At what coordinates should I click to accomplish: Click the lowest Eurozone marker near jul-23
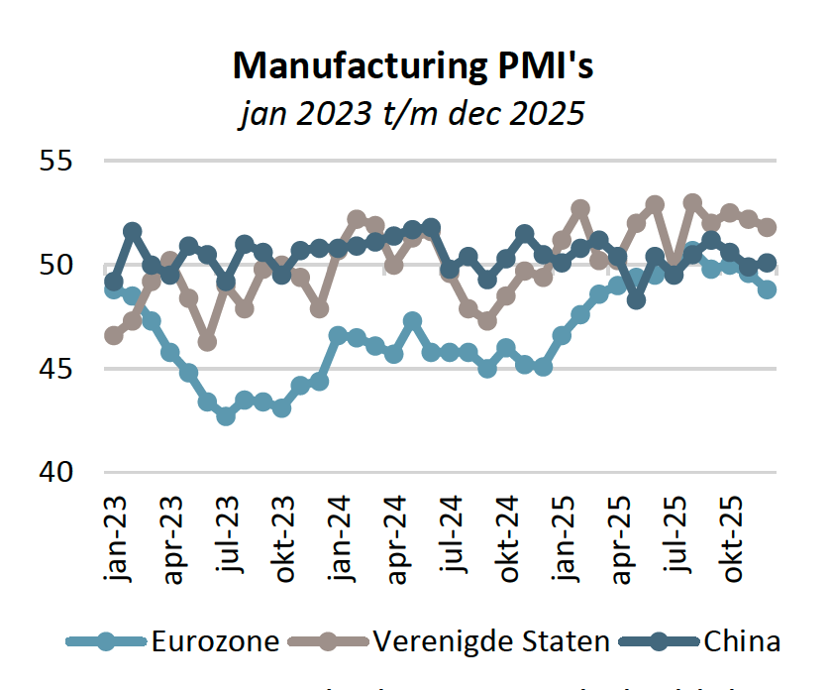pos(226,416)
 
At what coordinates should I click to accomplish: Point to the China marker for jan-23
pos(114,282)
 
